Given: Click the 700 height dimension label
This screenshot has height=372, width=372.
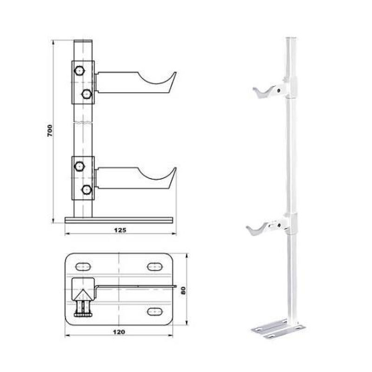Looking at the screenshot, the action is pyautogui.click(x=50, y=130).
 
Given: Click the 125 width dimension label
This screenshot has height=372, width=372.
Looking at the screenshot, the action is pyautogui.click(x=120, y=230).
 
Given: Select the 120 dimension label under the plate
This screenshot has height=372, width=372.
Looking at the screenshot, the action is pyautogui.click(x=119, y=332).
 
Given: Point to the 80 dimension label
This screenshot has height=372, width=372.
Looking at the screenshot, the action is pyautogui.click(x=183, y=291).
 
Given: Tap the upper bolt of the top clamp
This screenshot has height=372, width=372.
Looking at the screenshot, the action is pyautogui.click(x=79, y=71).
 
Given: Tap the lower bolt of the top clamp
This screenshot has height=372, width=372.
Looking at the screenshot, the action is pyautogui.click(x=86, y=94).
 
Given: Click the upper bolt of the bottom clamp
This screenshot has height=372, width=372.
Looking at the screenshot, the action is pyautogui.click(x=79, y=166).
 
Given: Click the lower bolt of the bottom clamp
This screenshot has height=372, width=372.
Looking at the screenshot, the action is pyautogui.click(x=86, y=190).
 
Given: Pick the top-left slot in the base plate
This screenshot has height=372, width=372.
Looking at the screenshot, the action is pyautogui.click(x=83, y=266).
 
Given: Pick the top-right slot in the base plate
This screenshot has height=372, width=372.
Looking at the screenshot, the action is pyautogui.click(x=155, y=266).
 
